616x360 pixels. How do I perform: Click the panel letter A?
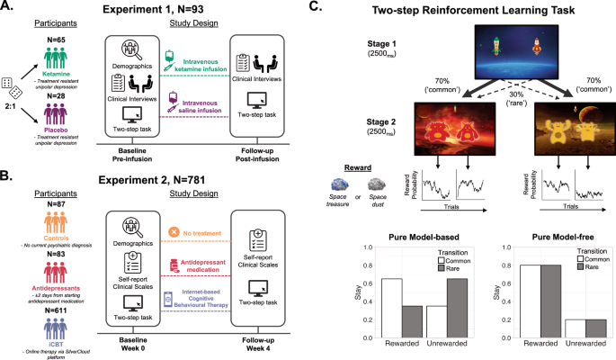[x=8, y=8]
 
